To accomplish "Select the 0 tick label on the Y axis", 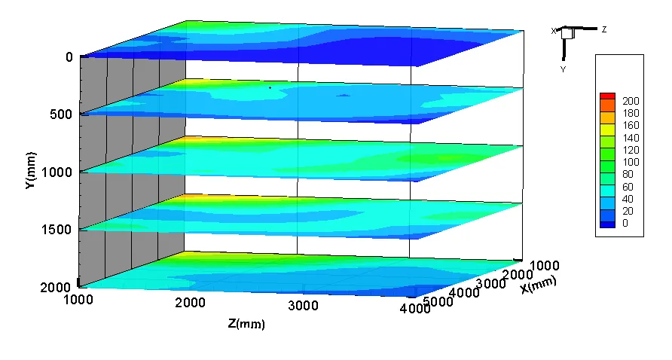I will tap(69, 57).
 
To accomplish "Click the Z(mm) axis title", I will tap(246, 324).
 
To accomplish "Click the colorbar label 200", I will tap(631, 101).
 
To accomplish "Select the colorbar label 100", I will tap(631, 162).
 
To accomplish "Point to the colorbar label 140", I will tap(631, 138).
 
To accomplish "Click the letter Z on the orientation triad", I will tap(604, 29).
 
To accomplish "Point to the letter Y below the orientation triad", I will tap(563, 69).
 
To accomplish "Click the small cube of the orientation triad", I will tap(567, 33).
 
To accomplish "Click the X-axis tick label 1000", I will tap(545, 265).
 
